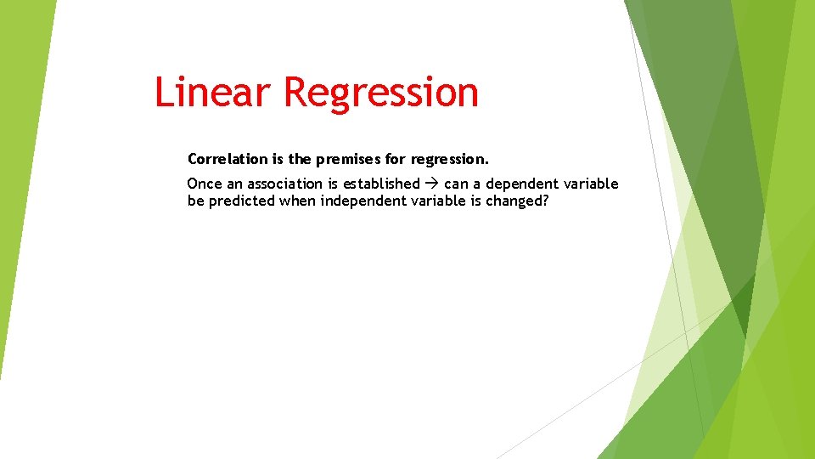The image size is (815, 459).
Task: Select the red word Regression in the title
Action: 381,92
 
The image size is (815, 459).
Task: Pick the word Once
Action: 204,184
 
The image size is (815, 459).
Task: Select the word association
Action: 284,184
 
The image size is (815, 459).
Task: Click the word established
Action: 381,184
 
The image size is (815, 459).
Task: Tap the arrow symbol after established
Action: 432,184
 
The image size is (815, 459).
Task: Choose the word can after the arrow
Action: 456,184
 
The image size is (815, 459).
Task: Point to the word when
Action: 297,201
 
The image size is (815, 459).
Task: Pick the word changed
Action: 512,201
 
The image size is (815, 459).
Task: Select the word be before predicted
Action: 195,201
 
